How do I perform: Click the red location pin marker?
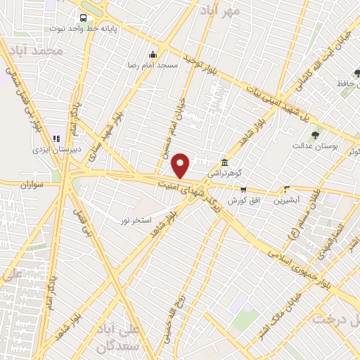point(181,165)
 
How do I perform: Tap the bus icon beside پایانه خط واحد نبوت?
point(84,18)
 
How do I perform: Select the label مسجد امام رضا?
point(177,65)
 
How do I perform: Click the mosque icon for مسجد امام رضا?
point(153,55)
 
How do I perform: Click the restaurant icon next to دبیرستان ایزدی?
point(56,139)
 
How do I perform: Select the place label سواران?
point(32,184)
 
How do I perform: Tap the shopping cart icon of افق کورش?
point(243,189)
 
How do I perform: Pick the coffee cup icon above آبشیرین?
point(285,188)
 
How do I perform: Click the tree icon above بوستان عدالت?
point(314,135)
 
